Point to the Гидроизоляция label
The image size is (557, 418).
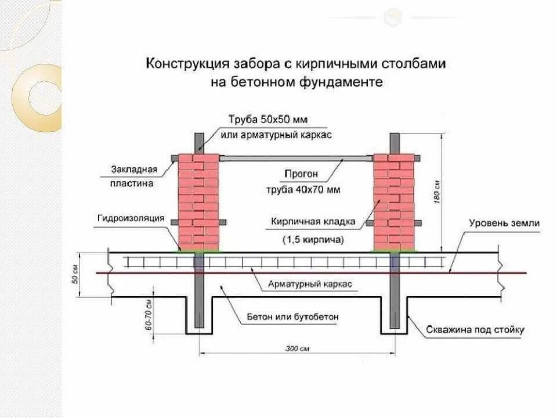coord(132,218)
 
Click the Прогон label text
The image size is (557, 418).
coord(301,173)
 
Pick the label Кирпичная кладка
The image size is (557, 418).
coord(313,221)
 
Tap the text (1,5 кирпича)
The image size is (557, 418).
coord(313,239)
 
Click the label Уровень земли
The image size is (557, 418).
coord(504,223)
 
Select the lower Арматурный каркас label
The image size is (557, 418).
coord(310,284)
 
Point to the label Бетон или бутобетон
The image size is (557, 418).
coord(292,317)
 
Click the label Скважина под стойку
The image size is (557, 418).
coord(475,330)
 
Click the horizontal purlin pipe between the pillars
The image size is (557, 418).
coord(296,157)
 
